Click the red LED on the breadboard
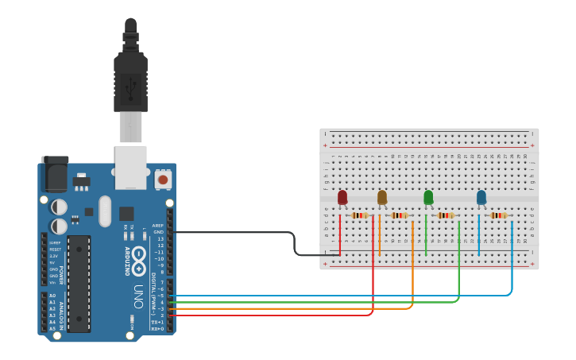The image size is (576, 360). coord(342,198)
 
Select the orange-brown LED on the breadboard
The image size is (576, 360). coord(382,198)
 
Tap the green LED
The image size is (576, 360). coord(428,198)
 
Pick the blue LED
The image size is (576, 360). coord(481,198)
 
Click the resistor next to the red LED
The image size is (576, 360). coord(360,215)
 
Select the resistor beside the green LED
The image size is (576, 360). coord(446,215)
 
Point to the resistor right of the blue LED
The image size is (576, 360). coord(499,215)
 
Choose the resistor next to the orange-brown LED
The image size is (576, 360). coord(400,215)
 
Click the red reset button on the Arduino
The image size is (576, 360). coord(163,180)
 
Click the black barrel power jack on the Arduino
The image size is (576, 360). coord(54,174)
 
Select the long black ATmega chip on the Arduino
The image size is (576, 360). coord(79,282)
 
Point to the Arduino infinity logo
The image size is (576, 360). coord(138,257)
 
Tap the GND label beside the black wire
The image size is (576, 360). coord(159,232)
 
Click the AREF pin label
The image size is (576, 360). coord(158,226)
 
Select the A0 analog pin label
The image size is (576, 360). coord(52,295)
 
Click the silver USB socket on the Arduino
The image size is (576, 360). coord(130,167)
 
